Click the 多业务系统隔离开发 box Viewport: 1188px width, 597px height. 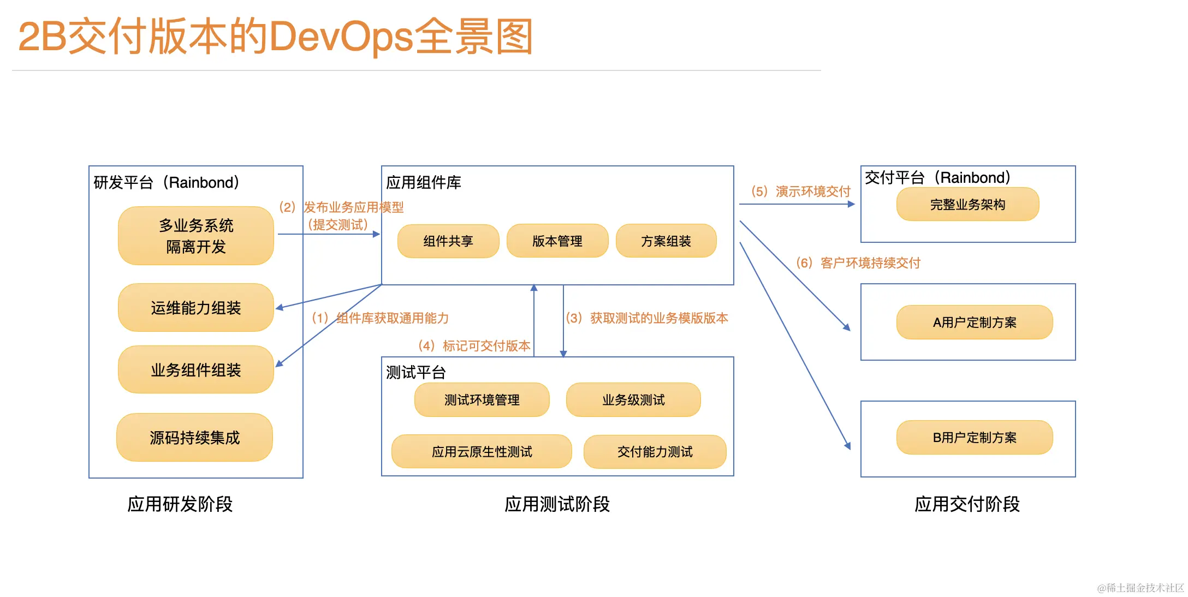(195, 236)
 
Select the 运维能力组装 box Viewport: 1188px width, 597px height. (195, 308)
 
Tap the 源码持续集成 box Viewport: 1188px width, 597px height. (194, 438)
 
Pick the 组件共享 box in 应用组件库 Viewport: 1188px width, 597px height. (448, 241)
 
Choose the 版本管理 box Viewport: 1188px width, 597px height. (557, 241)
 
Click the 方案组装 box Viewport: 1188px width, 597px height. (666, 241)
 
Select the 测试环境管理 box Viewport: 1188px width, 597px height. (482, 400)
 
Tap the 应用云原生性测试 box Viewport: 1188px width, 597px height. (482, 451)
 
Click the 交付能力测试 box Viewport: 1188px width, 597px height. (655, 451)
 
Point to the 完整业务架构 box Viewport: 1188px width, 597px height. (967, 205)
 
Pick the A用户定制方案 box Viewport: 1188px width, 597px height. (974, 323)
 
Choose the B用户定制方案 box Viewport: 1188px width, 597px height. (974, 437)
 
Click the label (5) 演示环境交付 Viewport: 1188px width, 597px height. (800, 192)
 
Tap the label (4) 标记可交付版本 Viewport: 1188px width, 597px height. (474, 345)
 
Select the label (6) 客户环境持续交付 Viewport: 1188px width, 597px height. (858, 263)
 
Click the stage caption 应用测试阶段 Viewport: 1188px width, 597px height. (557, 504)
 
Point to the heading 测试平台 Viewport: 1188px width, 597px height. (415, 372)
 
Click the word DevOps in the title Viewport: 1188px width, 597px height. (341, 37)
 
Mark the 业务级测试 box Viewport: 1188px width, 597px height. (633, 400)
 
